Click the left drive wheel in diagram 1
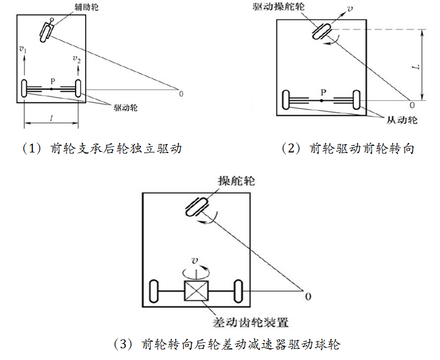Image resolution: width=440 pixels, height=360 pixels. click(x=24, y=88)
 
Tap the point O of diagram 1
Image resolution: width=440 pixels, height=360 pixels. click(x=181, y=92)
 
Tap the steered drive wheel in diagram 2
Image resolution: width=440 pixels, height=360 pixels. click(x=323, y=31)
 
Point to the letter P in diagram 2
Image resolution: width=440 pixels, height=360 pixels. click(x=322, y=91)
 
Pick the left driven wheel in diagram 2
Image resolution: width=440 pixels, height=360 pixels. click(x=286, y=101)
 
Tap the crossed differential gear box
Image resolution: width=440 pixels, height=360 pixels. click(x=196, y=292)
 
